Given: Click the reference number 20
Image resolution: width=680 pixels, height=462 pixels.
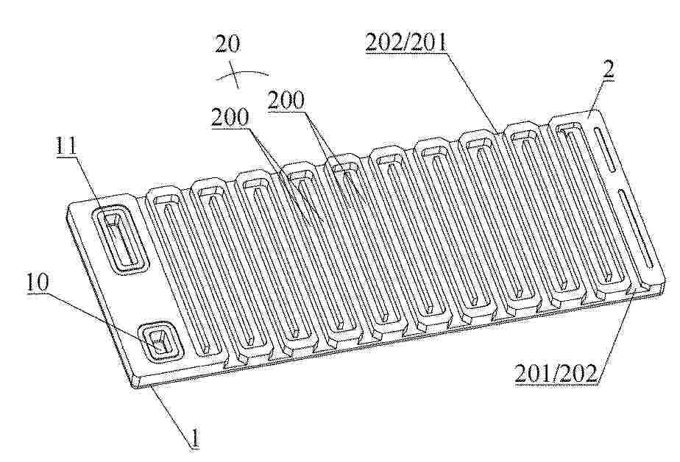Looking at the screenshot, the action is (x=228, y=44).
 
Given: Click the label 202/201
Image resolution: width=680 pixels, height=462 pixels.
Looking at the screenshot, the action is (x=406, y=43).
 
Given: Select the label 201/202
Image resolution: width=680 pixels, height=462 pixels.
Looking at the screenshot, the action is (x=556, y=374).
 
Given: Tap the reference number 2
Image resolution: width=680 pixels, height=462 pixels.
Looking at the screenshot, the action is (x=609, y=69).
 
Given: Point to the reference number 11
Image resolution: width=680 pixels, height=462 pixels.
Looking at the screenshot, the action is (x=66, y=146).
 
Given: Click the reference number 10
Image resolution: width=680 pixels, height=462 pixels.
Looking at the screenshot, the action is (x=38, y=283).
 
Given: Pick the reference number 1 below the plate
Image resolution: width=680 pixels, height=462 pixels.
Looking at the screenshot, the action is (x=196, y=439).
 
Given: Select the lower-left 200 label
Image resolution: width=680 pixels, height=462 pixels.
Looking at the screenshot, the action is (x=230, y=117).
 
